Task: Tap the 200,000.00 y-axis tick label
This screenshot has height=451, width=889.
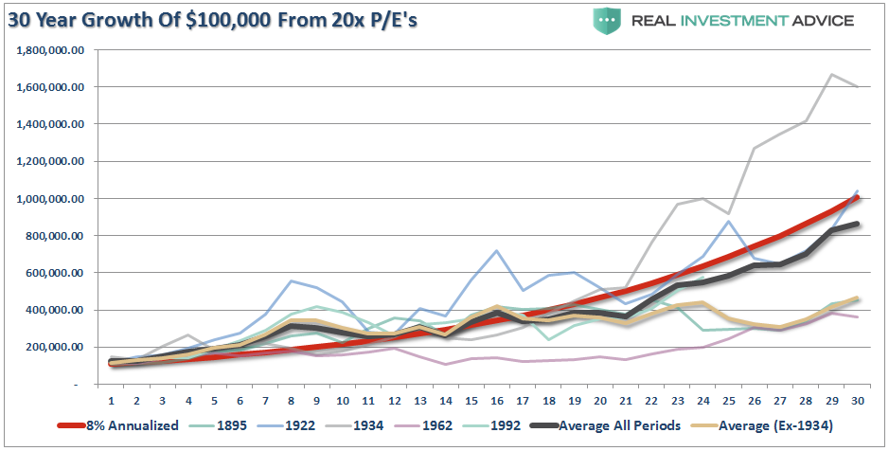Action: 55,348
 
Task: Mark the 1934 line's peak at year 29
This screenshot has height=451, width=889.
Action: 833,74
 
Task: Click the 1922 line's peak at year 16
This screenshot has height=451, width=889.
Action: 495,250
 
